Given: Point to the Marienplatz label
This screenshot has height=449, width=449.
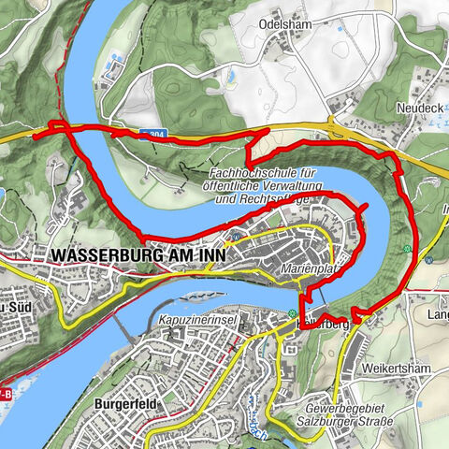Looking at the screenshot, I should [x=308, y=268].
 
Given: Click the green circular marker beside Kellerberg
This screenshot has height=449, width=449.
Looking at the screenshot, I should [x=294, y=313].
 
